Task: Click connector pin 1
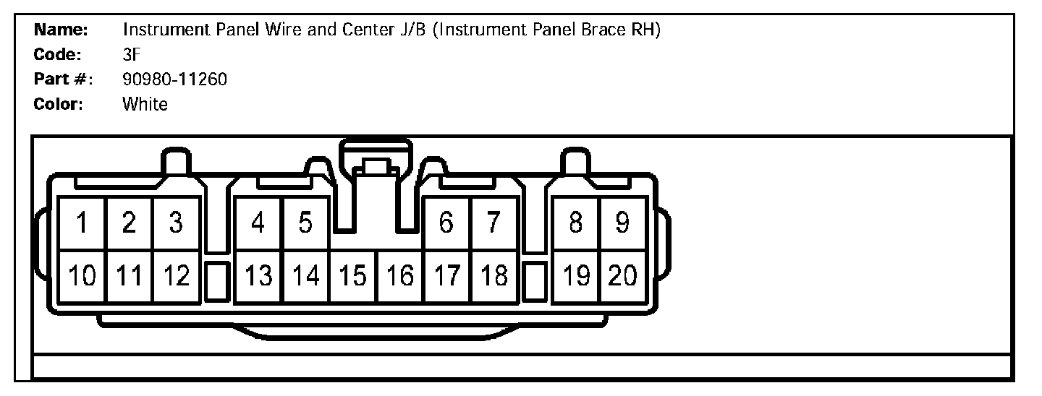82,223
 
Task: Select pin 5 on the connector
305,223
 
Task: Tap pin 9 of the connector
622,223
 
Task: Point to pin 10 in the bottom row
82,275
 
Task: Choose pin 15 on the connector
353,275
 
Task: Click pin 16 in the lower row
400,275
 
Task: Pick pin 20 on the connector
622,275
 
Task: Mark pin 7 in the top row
493,223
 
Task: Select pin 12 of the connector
176,275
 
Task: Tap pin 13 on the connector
258,275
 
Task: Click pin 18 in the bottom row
494,275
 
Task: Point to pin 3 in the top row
176,223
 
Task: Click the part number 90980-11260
174,79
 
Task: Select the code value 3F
131,54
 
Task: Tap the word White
145,104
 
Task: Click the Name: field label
62,30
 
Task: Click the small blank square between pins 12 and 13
216,282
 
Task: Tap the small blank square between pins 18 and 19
534,282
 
